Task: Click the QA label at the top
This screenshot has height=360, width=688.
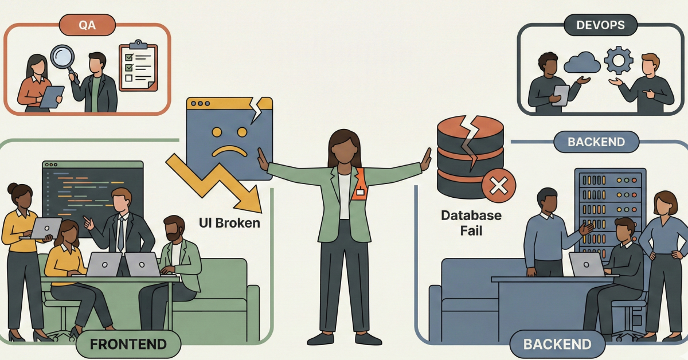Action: point(87,25)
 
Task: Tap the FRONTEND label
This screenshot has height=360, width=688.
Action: point(128,344)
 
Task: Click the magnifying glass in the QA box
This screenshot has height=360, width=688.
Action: point(62,60)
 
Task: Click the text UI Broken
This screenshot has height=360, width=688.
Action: point(229,222)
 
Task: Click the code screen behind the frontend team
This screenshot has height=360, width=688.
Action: point(92,192)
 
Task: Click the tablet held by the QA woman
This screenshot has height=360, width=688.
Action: point(51,96)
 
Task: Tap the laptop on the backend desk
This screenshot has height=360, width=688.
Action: point(587,264)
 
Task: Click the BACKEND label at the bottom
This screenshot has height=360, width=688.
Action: point(557,344)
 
